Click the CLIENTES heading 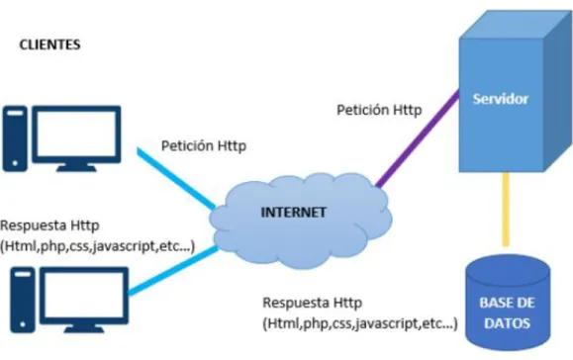(49, 45)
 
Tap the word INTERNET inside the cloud (294, 212)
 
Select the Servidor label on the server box (501, 99)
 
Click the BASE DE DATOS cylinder (508, 303)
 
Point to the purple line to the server (418, 138)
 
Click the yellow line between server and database (506, 210)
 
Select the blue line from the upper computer (176, 179)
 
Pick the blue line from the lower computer (173, 271)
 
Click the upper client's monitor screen (76, 134)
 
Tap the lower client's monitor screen (84, 295)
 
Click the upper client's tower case (15, 138)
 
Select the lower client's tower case (23, 300)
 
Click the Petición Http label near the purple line (379, 110)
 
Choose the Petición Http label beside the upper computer (204, 145)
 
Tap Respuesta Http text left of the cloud (49, 225)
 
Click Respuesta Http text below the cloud (313, 303)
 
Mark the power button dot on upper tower (15, 163)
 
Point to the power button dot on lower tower (23, 324)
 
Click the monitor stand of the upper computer (76, 167)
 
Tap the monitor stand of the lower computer (84, 328)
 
